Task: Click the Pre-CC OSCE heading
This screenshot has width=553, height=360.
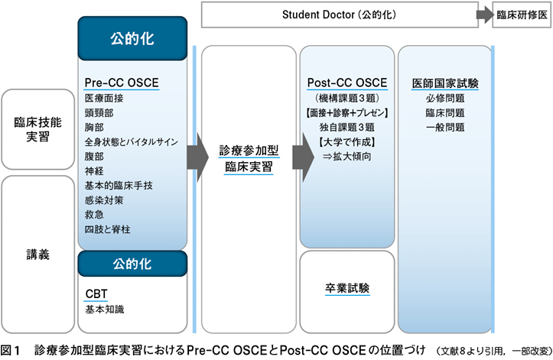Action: click(x=122, y=83)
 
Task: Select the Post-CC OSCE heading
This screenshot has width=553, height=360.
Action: click(x=347, y=83)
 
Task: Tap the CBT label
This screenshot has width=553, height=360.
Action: click(x=96, y=294)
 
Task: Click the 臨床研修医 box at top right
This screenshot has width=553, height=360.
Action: click(x=522, y=15)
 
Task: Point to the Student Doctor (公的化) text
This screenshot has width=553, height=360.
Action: click(x=339, y=15)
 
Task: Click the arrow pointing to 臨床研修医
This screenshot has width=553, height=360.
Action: click(x=485, y=15)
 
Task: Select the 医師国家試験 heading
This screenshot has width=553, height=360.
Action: click(x=445, y=83)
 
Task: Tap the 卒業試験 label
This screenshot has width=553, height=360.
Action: click(x=347, y=288)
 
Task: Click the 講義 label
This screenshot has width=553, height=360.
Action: click(x=37, y=255)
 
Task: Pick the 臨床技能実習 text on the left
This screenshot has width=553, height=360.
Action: click(x=37, y=129)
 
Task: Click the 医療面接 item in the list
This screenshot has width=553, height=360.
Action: click(x=104, y=98)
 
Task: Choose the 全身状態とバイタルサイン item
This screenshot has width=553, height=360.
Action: click(x=132, y=141)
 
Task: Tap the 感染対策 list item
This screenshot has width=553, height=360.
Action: click(x=104, y=200)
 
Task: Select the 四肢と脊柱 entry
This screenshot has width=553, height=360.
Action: click(x=108, y=229)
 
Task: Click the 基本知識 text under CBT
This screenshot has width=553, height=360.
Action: click(x=105, y=310)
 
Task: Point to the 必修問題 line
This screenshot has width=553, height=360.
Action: click(x=445, y=98)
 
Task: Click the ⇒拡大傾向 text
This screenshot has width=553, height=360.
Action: click(x=347, y=156)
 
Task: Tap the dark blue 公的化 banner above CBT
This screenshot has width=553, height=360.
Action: click(x=132, y=264)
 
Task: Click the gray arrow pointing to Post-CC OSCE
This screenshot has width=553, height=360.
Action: click(x=304, y=157)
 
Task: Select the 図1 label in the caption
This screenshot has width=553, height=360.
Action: click(x=11, y=351)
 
